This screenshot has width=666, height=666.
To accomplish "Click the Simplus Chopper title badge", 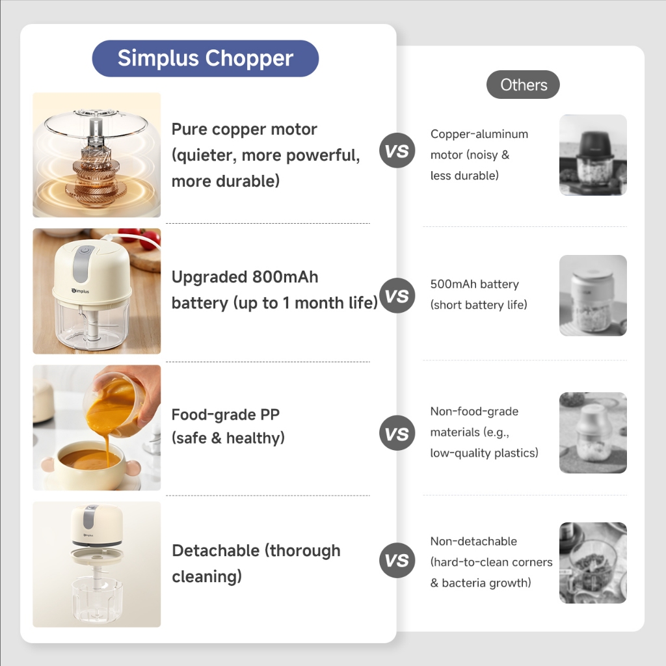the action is [x=205, y=58].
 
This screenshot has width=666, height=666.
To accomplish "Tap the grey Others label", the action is [x=523, y=85].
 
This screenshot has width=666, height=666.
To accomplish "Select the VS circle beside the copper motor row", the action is [x=397, y=150].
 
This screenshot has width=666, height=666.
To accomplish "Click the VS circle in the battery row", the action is [x=397, y=296].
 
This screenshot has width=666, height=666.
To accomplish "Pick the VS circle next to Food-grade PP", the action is [x=397, y=433].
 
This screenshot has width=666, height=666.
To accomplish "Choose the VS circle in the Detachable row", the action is [x=397, y=560].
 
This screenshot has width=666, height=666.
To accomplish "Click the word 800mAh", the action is [x=285, y=277].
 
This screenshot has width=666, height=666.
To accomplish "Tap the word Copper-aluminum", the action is [x=479, y=134].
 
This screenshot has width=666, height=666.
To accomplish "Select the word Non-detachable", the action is [x=473, y=541].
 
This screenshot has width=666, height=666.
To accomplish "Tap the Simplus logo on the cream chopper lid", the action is [x=80, y=291].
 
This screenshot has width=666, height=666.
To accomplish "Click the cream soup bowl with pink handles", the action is [x=90, y=464].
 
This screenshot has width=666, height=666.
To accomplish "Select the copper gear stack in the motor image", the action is [x=96, y=175].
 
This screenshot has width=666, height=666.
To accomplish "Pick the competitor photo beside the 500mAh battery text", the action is [x=593, y=296].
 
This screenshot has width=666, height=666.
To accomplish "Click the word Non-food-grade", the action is [x=474, y=411].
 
